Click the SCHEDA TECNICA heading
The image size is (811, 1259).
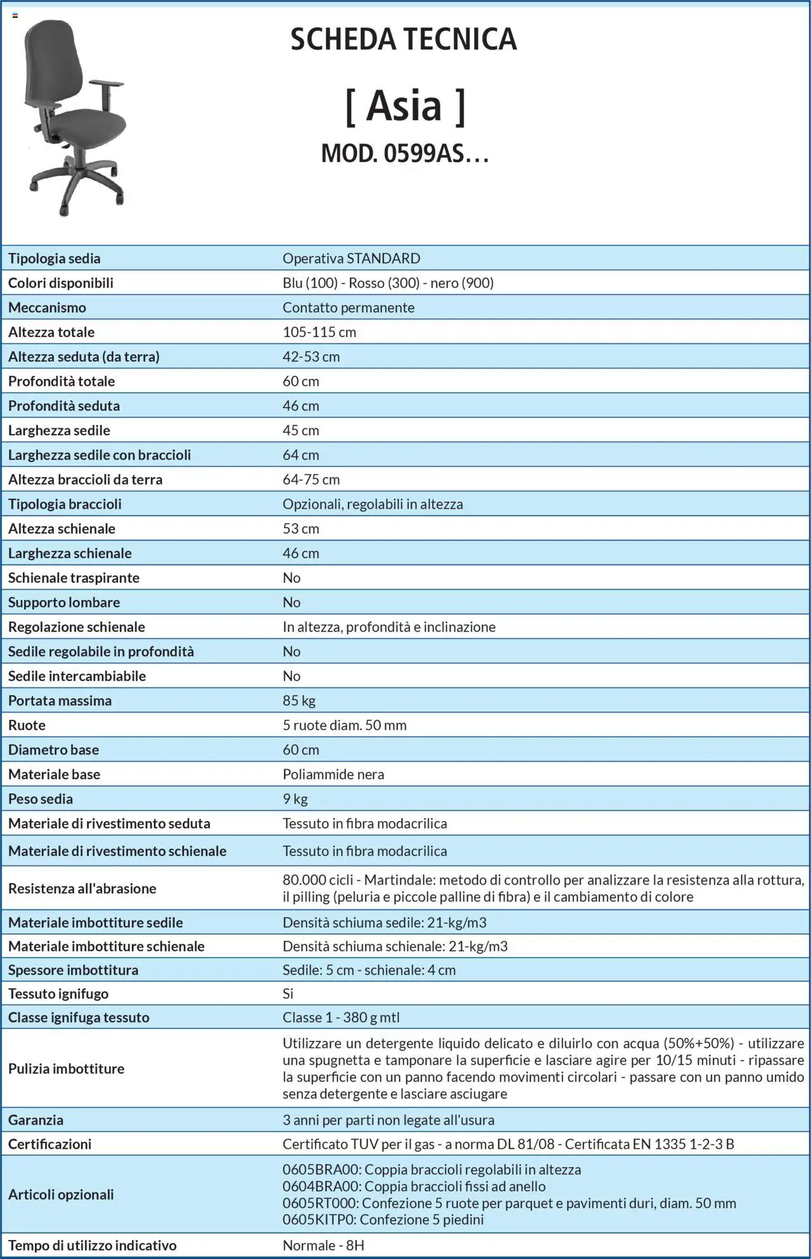coord(404,39)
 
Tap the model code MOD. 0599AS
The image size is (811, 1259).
coord(404,153)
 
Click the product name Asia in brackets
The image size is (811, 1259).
coord(404,105)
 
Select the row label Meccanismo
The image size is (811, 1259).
coord(47,307)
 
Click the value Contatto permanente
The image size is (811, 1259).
coord(348,307)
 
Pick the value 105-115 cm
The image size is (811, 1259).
coord(319,332)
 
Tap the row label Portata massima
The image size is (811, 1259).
coord(60,700)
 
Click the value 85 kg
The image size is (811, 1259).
coord(299,700)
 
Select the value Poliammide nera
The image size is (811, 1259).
coord(333,774)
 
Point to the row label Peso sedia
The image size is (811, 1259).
coord(41,798)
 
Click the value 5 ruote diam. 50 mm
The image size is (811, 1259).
coord(345,725)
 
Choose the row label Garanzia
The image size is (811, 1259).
coord(35,1120)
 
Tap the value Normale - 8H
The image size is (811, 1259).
coord(323,1245)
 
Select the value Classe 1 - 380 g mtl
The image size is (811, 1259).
coord(341,1017)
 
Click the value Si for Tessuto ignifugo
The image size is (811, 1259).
coord(288,993)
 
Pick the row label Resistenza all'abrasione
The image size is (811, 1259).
coord(82,888)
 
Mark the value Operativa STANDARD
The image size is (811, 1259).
coord(352,258)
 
